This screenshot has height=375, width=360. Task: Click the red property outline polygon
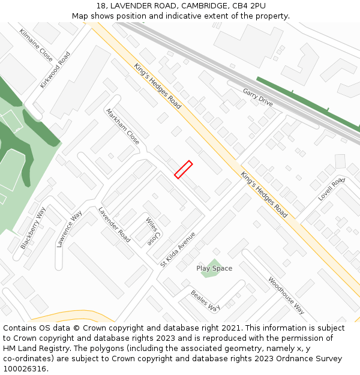click(183, 169)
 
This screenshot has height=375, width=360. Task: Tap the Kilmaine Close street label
click(36, 45)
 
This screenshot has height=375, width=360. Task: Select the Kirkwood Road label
click(55, 70)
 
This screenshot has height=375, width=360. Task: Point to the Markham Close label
click(122, 127)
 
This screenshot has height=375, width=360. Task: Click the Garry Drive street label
click(258, 97)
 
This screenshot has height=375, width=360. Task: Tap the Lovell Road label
click(331, 188)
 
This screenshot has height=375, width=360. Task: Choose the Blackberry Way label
click(33, 228)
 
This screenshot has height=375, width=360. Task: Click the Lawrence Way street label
click(70, 229)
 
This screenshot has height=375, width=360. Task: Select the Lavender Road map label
click(114, 224)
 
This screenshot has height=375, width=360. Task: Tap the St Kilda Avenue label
click(178, 249)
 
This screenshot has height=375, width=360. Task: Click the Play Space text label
click(214, 268)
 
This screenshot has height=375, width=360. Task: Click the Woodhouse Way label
click(286, 295)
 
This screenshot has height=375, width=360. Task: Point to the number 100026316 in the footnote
click(25, 369)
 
